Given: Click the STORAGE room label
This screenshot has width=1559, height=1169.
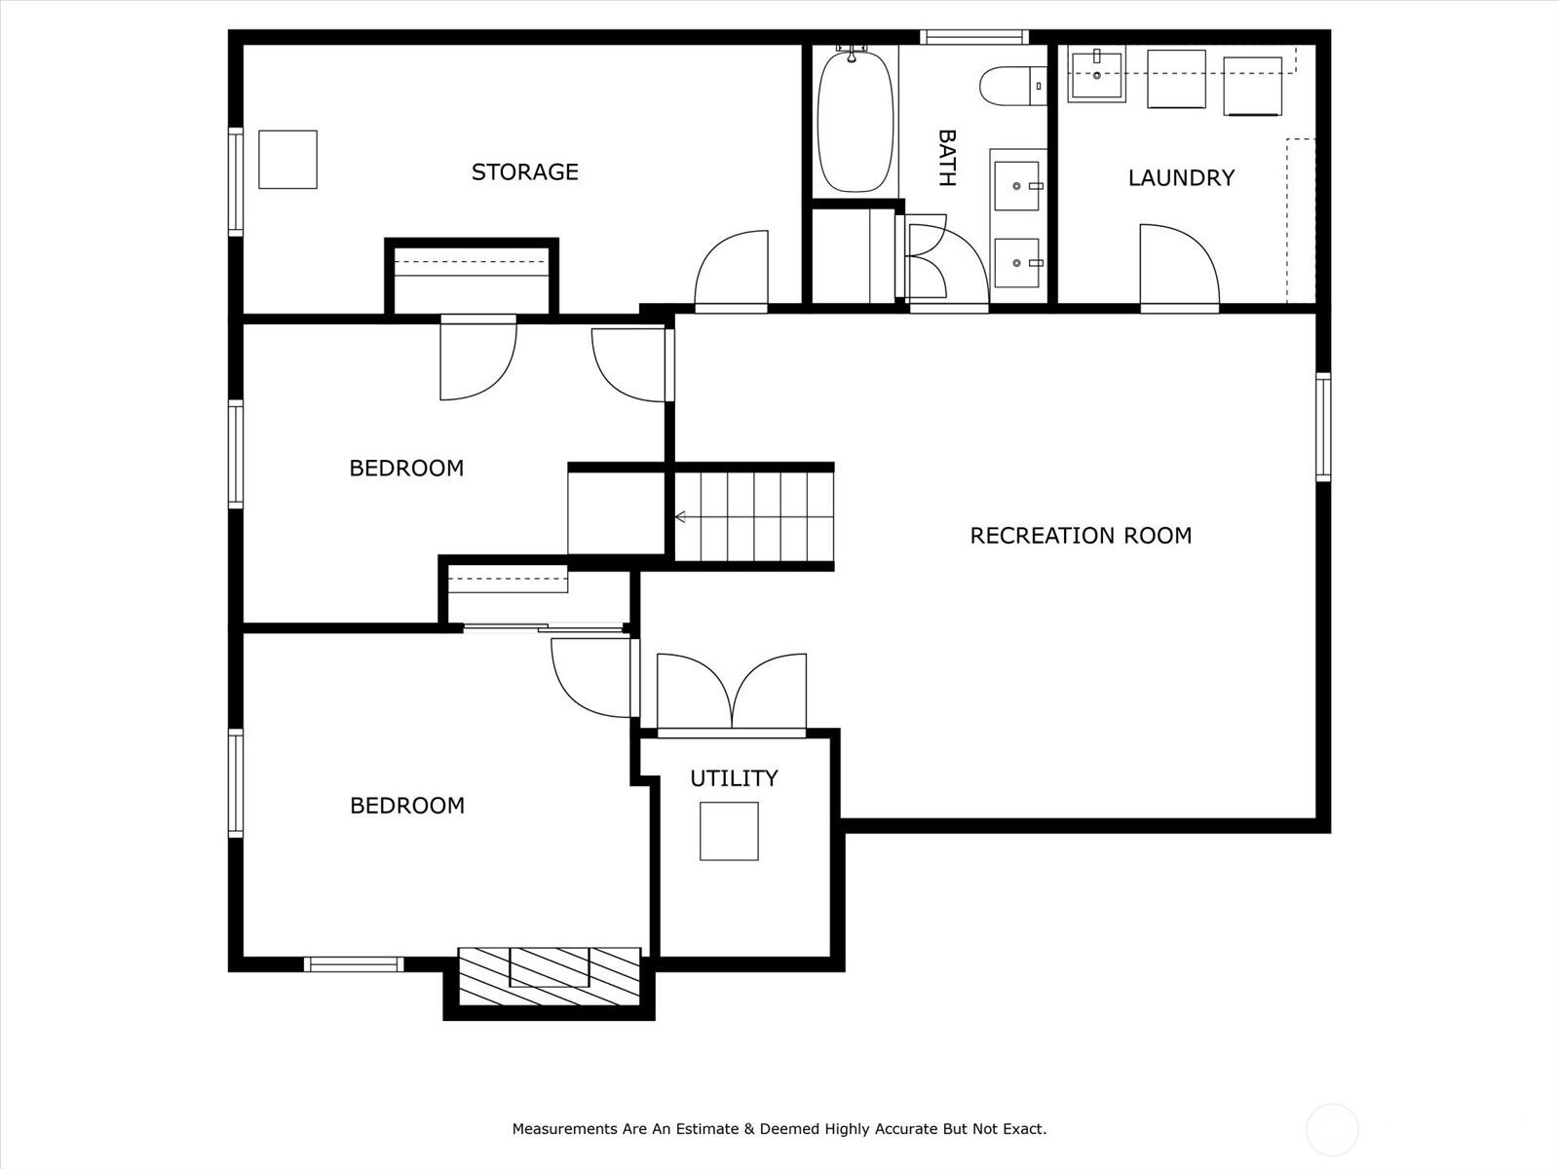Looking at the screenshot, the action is pyautogui.click(x=525, y=171).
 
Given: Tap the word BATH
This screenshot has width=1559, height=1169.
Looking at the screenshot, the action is pyautogui.click(x=947, y=158).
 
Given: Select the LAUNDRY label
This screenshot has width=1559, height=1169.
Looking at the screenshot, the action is pyautogui.click(x=1181, y=177).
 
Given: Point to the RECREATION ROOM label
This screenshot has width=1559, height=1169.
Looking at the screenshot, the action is pyautogui.click(x=1081, y=535).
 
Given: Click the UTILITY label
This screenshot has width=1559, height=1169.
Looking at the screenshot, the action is pyautogui.click(x=734, y=778).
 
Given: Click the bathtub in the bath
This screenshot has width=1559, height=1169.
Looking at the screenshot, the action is pyautogui.click(x=856, y=120).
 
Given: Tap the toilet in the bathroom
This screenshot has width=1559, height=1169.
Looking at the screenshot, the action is pyautogui.click(x=1012, y=86).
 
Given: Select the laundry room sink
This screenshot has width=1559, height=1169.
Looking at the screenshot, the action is pyautogui.click(x=1096, y=74).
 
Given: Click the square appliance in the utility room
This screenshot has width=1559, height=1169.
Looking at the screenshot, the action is pyautogui.click(x=729, y=831).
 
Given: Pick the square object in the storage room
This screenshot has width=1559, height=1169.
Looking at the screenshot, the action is pyautogui.click(x=287, y=159).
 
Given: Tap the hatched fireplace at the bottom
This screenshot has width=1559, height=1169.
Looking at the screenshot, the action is pyautogui.click(x=549, y=977).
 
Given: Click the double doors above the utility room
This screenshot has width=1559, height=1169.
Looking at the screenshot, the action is pyautogui.click(x=732, y=692).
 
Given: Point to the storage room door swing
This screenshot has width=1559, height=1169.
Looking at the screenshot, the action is pyautogui.click(x=731, y=270).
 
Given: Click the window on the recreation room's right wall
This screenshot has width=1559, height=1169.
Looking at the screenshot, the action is pyautogui.click(x=1323, y=427).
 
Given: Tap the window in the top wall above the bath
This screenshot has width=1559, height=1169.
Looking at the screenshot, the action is pyautogui.click(x=974, y=37).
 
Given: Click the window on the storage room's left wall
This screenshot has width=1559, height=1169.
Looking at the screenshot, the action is pyautogui.click(x=235, y=182).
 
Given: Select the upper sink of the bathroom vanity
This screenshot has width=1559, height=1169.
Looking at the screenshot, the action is pyautogui.click(x=1017, y=186).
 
